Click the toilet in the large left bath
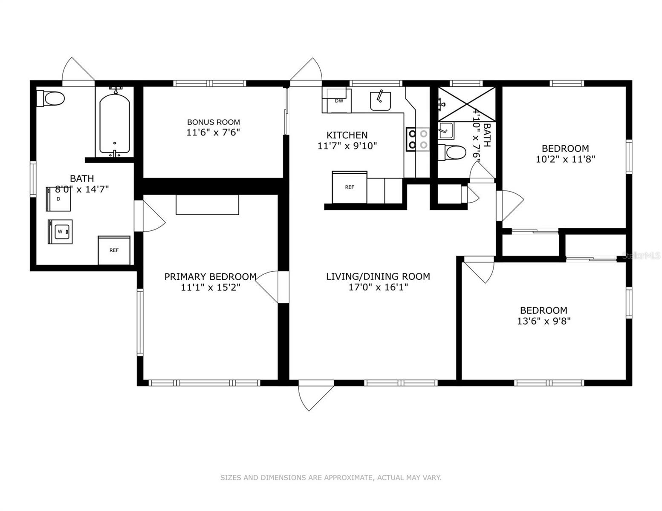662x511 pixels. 51,99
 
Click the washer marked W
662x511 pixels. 60,232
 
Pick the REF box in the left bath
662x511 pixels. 114,250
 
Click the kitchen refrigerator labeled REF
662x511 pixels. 350,187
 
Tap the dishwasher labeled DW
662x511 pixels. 338,101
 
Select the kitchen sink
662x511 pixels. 381,101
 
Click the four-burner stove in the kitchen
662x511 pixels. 417,139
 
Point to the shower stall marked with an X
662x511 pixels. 467,104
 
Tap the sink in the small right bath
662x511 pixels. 446,131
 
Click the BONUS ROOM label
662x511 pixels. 213,122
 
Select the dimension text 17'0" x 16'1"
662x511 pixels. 378,287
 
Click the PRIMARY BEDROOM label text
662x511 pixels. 210,277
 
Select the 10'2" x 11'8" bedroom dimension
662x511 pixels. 565,160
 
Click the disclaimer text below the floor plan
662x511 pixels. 331,478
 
